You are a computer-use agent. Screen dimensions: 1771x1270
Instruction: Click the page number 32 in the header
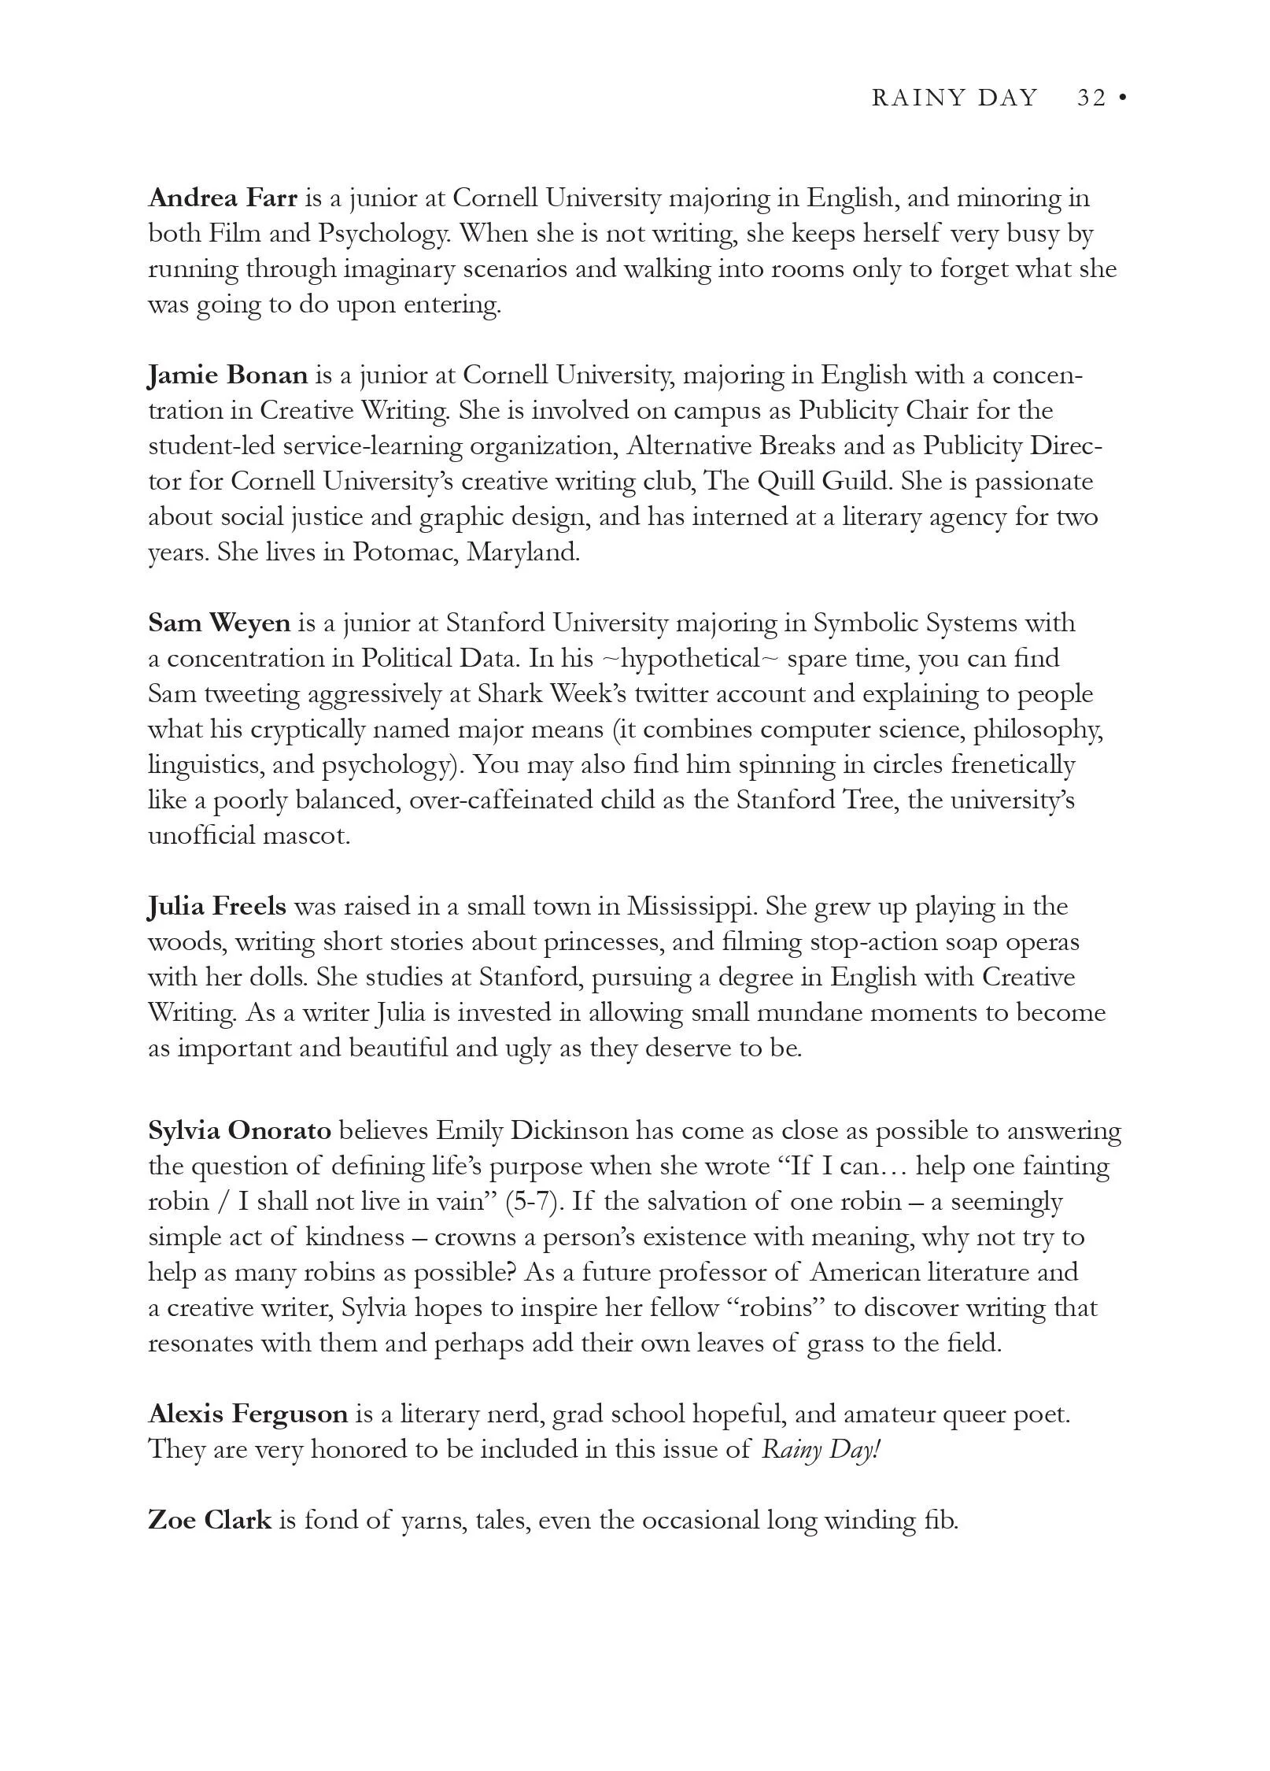click(x=1091, y=98)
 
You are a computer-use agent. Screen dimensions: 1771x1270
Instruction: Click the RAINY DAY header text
click(x=954, y=98)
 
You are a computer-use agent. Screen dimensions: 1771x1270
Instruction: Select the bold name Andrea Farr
click(x=223, y=197)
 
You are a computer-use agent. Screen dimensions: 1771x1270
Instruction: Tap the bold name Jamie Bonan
click(x=227, y=375)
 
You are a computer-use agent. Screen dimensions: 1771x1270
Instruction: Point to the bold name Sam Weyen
click(x=219, y=623)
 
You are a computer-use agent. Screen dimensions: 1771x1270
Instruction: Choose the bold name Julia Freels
click(x=217, y=906)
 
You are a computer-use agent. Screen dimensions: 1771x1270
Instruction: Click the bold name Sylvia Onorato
click(x=239, y=1130)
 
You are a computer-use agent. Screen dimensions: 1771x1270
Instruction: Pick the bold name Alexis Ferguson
click(x=248, y=1414)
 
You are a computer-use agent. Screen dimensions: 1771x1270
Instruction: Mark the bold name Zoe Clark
click(x=209, y=1520)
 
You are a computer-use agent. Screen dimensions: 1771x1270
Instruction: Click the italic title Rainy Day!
click(x=819, y=1450)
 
